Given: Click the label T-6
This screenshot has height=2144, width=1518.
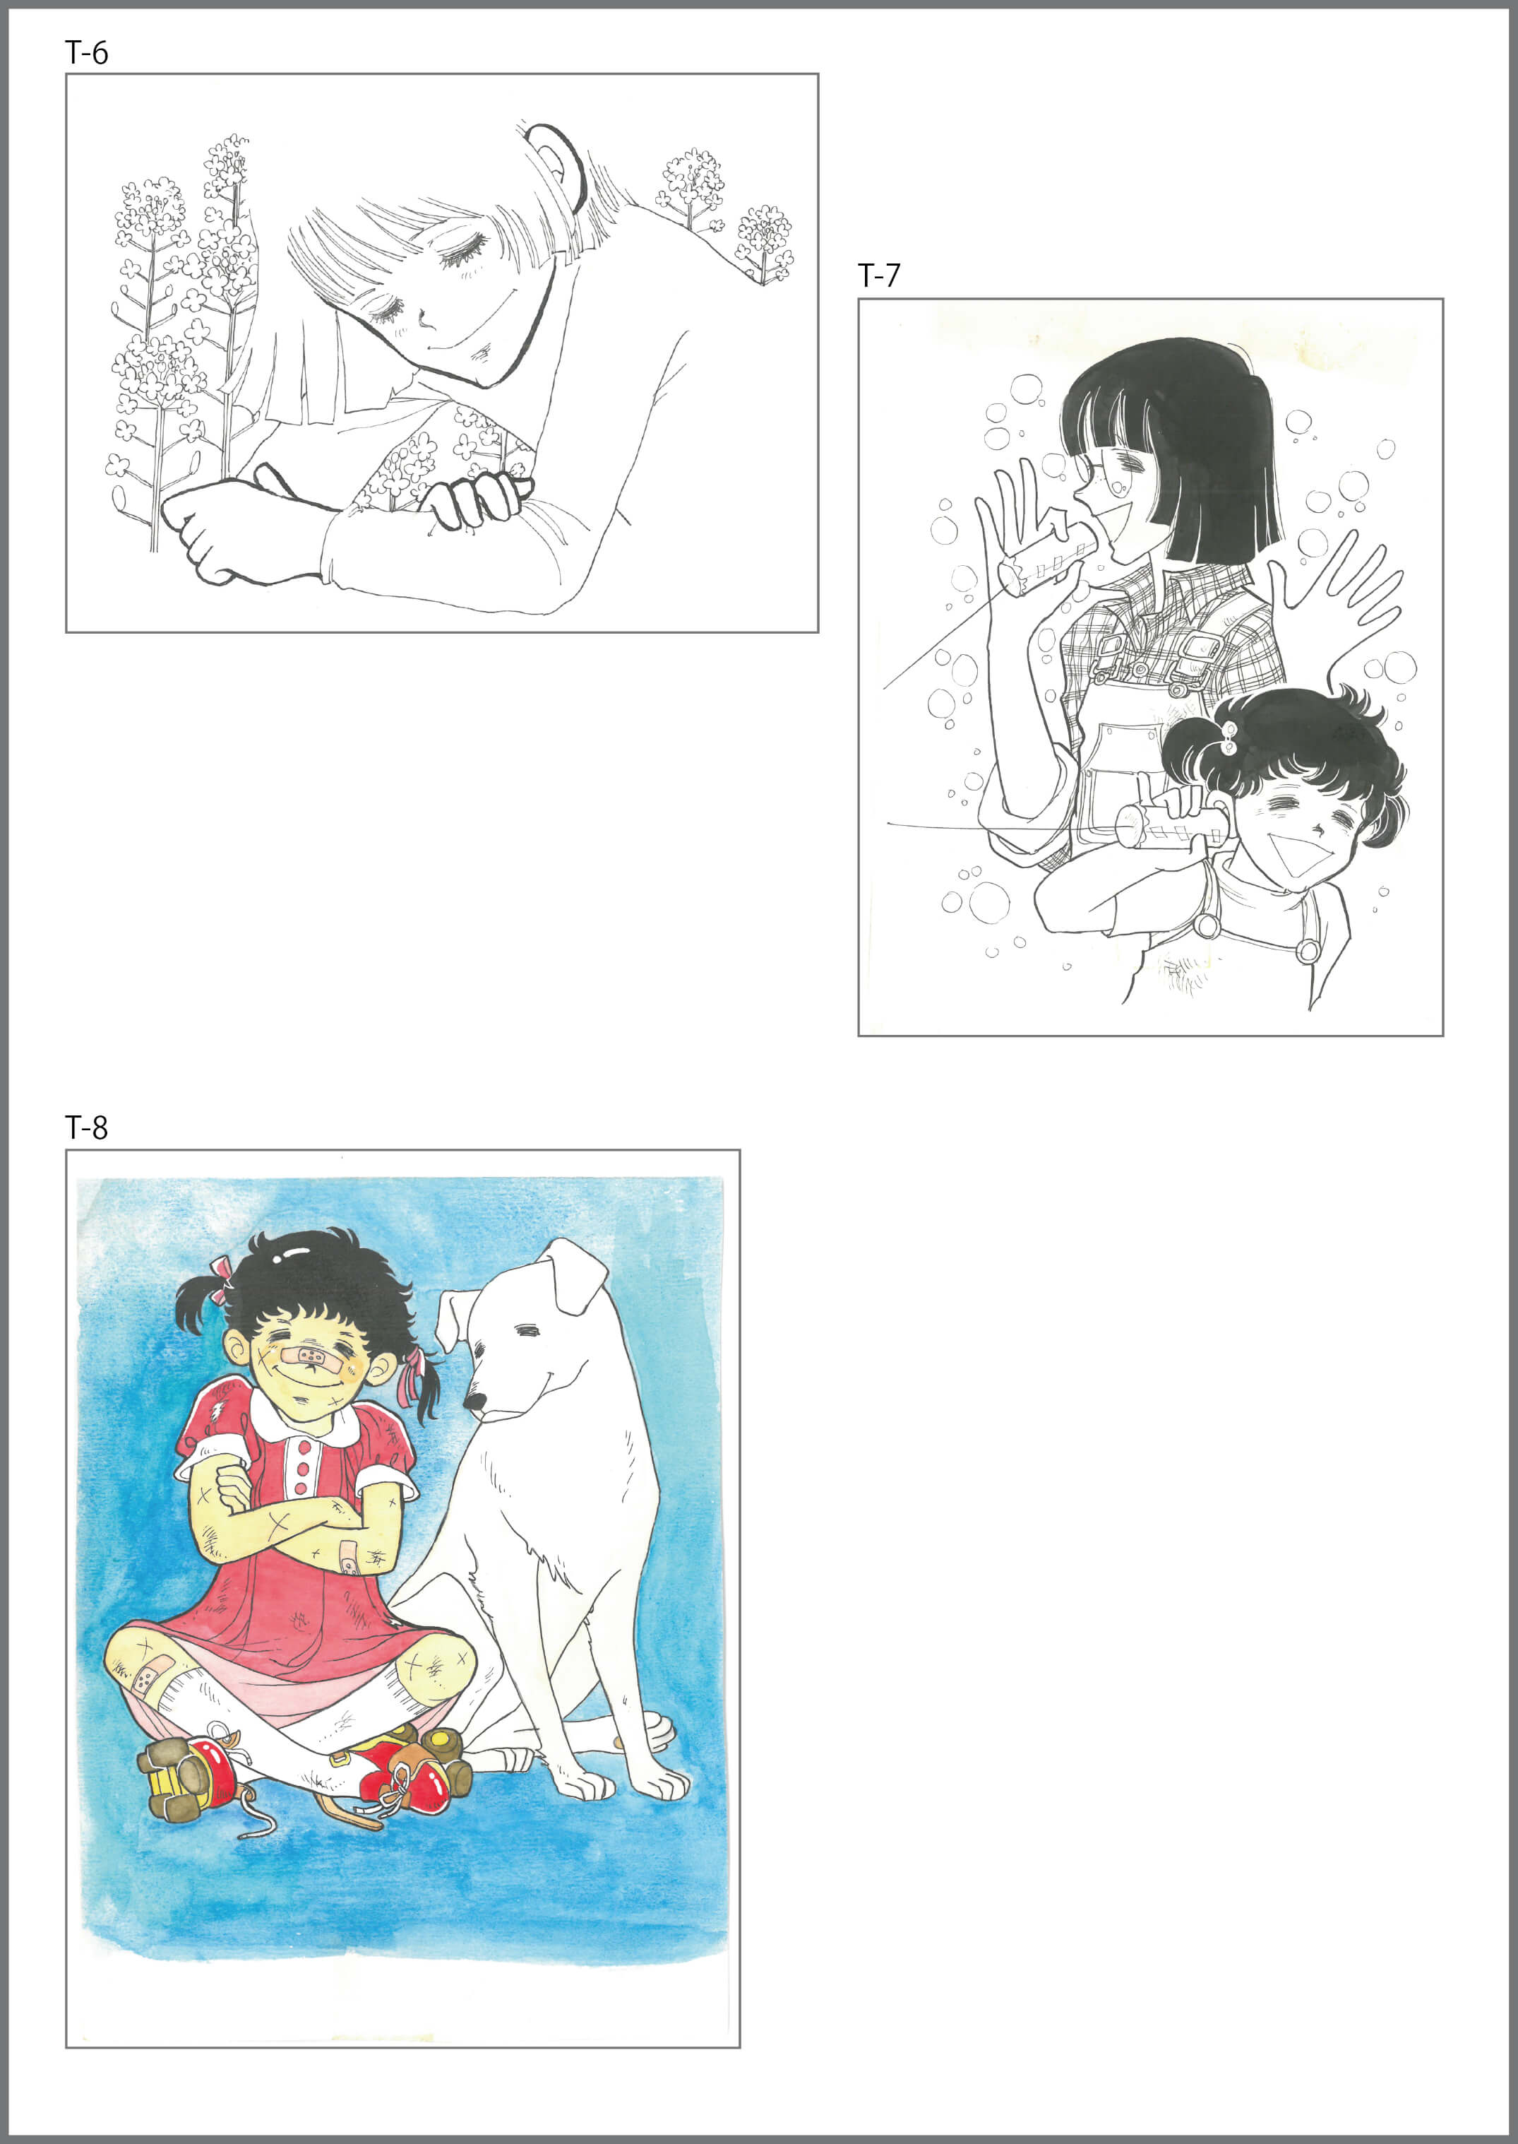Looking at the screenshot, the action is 87,53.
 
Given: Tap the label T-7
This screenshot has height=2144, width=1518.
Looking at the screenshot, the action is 878,276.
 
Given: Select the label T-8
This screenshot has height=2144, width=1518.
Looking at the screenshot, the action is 87,1127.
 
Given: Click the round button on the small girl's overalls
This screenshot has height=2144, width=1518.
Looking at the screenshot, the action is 1206,925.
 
